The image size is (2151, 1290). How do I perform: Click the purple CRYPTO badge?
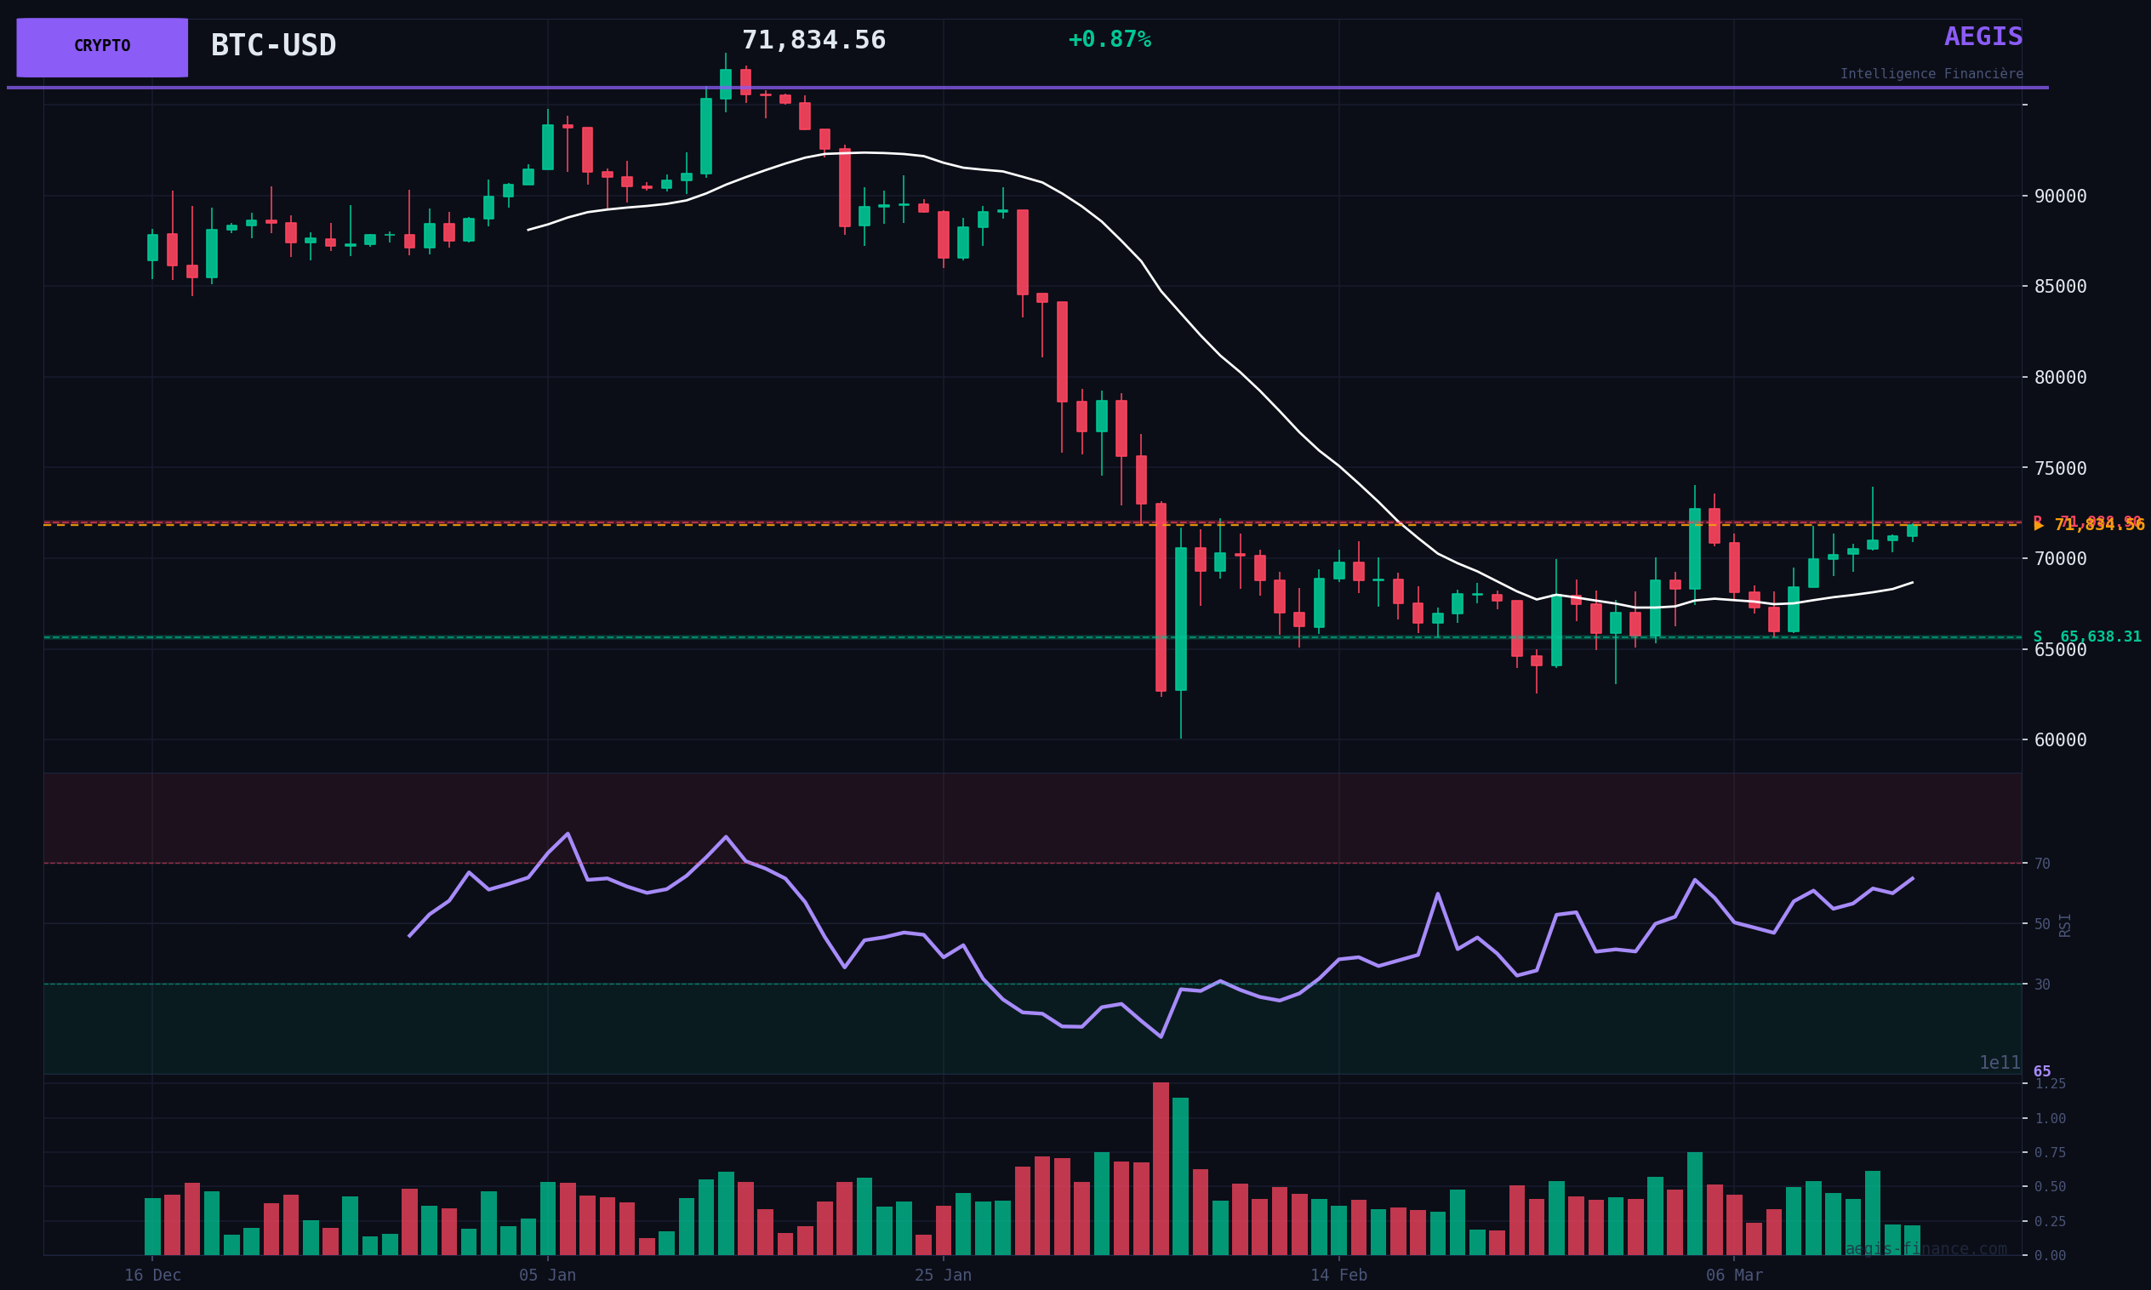coord(102,47)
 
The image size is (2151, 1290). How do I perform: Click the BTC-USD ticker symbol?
coord(273,46)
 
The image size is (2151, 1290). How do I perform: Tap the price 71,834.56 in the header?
coord(813,41)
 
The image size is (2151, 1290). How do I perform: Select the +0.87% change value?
coord(1109,40)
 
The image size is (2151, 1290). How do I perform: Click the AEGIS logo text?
coord(1983,37)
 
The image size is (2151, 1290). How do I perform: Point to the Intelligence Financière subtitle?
coord(1931,75)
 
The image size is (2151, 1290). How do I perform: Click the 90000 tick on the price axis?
coord(2060,197)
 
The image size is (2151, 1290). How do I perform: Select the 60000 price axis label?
coord(2060,740)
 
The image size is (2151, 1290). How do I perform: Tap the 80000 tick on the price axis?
coord(2060,378)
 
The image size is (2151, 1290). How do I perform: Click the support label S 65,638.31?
coord(2085,637)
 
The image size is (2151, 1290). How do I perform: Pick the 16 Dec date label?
coord(152,1276)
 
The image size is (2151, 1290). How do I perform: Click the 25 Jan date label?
coord(943,1276)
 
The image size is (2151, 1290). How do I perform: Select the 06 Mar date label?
coord(1734,1276)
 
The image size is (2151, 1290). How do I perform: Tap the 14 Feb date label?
coord(1338,1276)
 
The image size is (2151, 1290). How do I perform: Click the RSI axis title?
coord(2065,925)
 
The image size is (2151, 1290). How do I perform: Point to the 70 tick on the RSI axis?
coord(2041,864)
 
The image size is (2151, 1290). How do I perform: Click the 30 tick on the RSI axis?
coord(2041,985)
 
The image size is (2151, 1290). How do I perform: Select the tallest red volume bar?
coord(1161,1169)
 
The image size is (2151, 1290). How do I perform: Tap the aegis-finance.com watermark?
coord(1926,1250)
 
